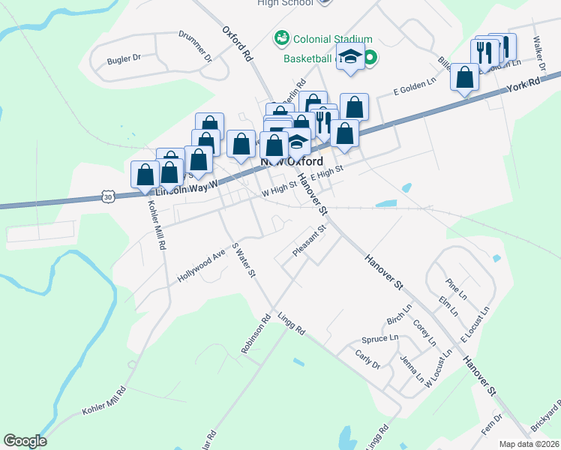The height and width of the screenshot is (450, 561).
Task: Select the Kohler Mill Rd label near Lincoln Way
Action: tap(156, 226)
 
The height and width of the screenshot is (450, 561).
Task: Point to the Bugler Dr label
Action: tap(124, 58)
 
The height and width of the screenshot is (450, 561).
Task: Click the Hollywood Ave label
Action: tap(201, 266)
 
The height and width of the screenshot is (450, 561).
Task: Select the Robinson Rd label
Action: tap(256, 334)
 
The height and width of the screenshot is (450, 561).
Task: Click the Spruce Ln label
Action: tap(379, 339)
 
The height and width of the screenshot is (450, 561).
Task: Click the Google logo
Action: tap(25, 440)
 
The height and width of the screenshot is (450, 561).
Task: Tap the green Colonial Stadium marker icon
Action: tap(281, 37)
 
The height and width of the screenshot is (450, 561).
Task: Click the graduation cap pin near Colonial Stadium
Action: tap(350, 57)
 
